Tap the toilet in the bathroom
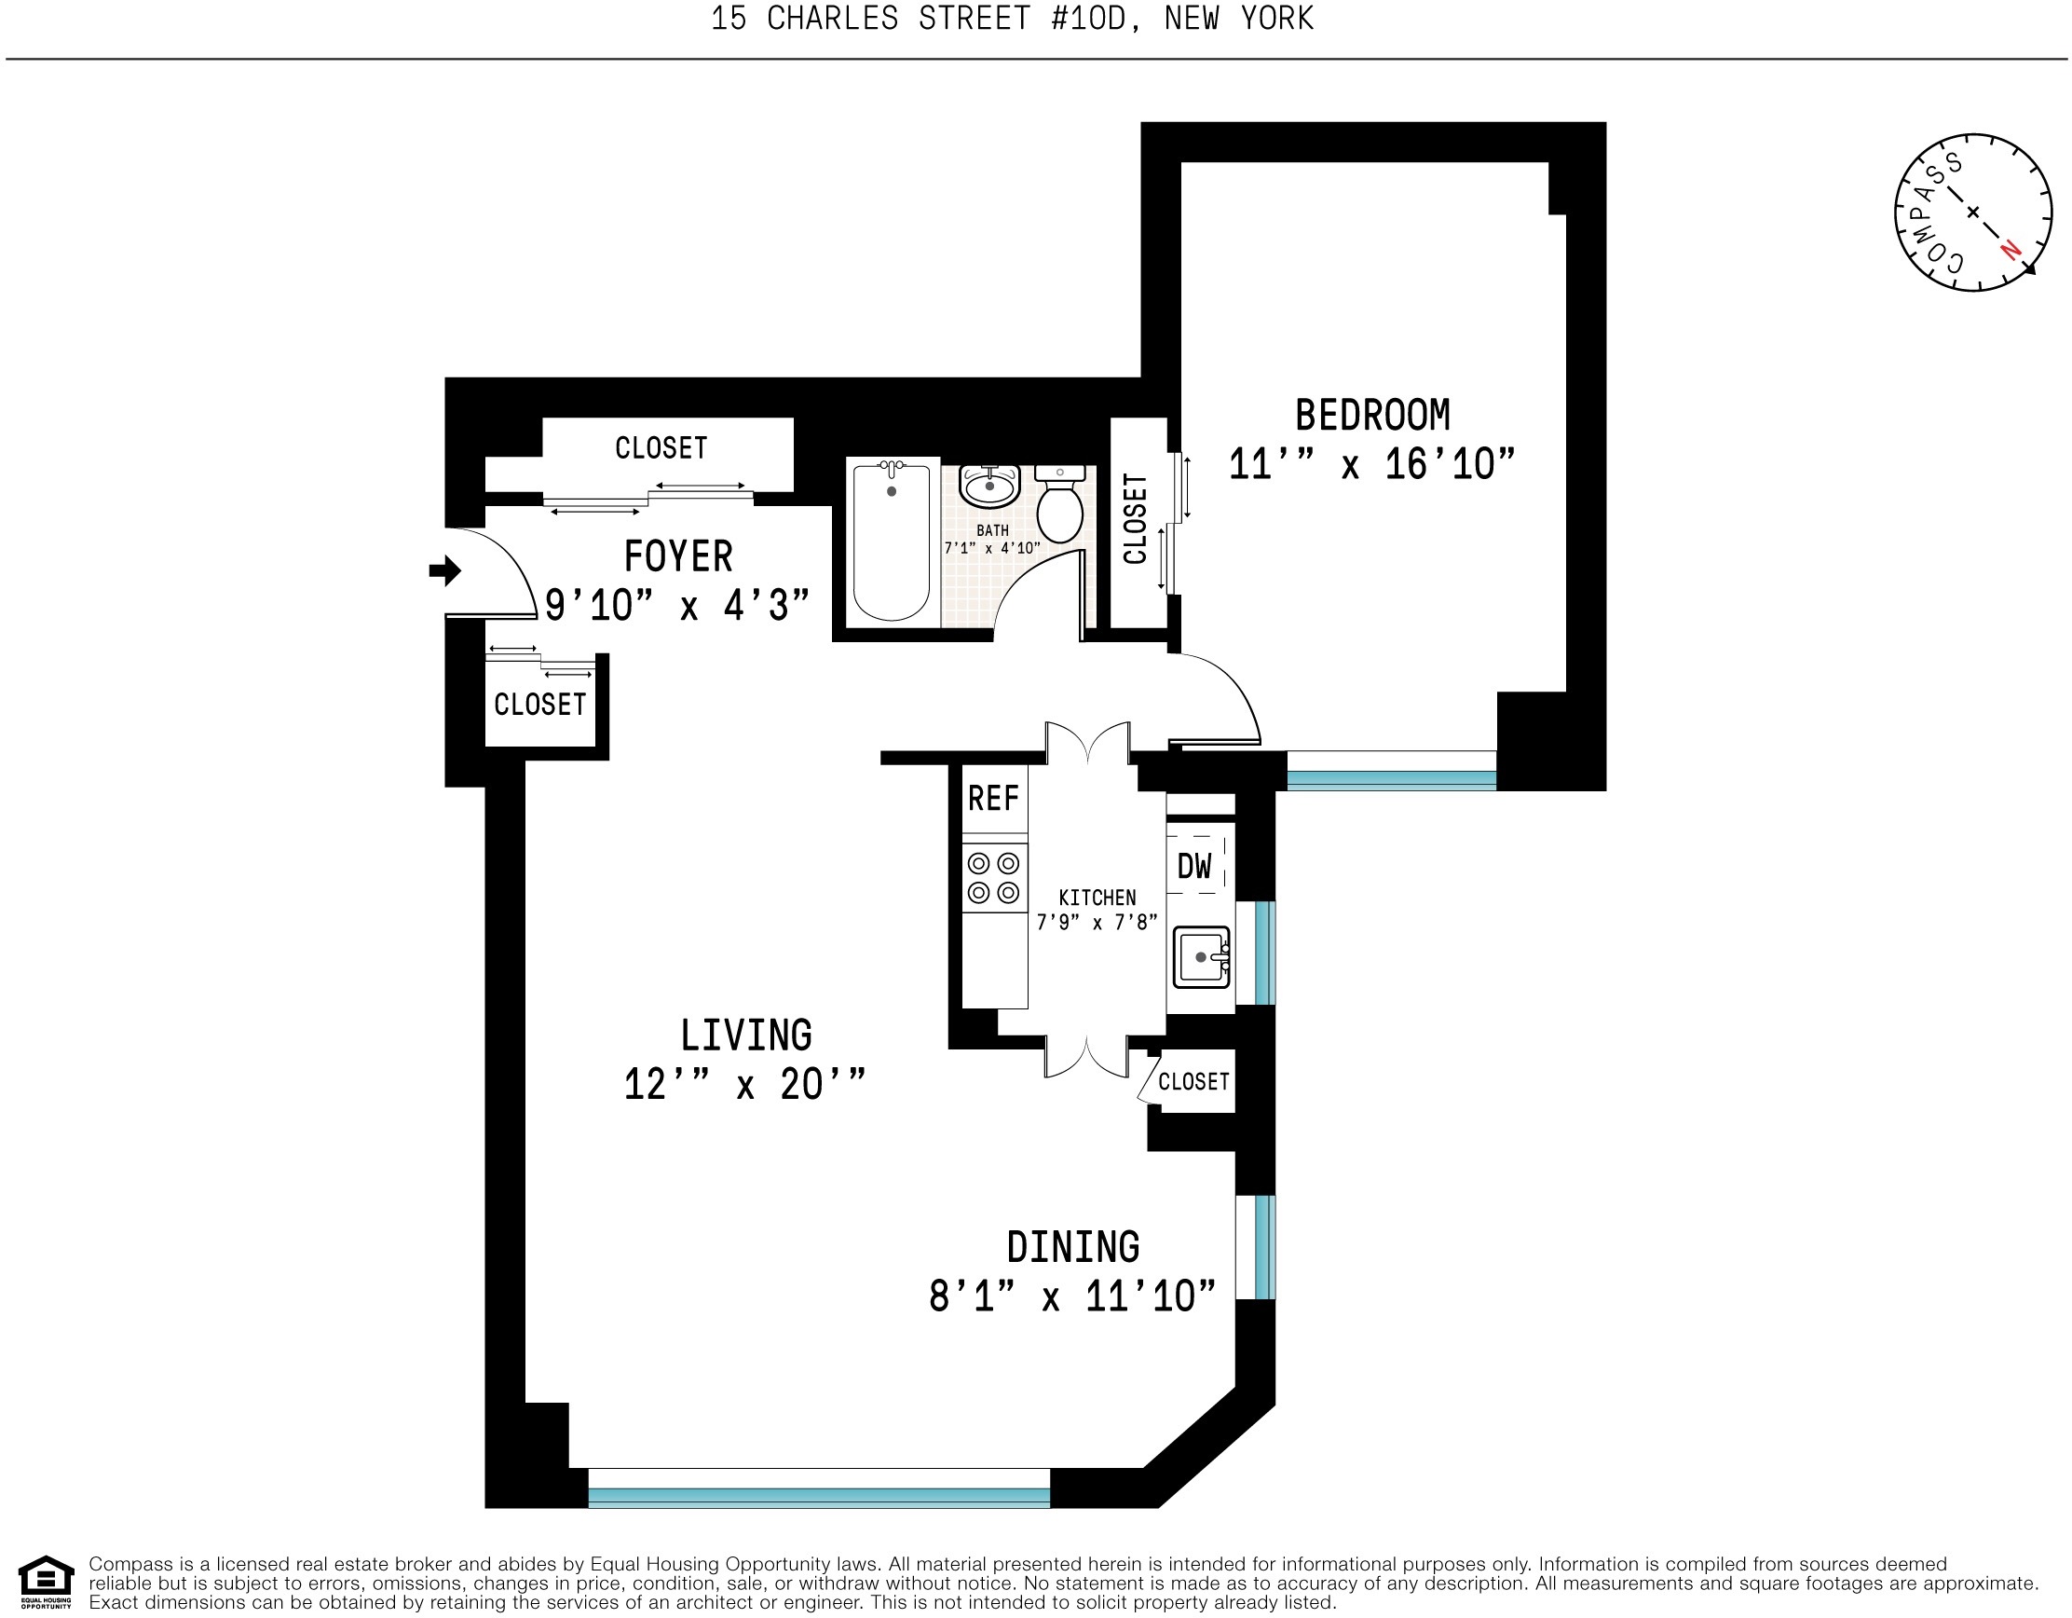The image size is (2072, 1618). [x=1059, y=503]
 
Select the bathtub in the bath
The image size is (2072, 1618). [x=891, y=541]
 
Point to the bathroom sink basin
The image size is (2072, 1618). [x=989, y=487]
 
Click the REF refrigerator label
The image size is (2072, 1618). [x=993, y=799]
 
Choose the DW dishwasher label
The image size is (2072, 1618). [x=1194, y=866]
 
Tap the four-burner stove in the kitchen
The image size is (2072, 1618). [x=994, y=877]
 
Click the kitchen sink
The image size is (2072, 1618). [x=1202, y=956]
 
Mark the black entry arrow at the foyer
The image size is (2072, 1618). [x=445, y=571]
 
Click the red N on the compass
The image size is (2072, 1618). [x=2010, y=250]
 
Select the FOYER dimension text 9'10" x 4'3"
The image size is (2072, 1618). [x=677, y=606]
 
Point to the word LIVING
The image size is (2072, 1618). [x=745, y=1035]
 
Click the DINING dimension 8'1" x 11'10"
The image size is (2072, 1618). [x=1072, y=1296]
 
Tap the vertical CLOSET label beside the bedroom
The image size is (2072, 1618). [x=1136, y=520]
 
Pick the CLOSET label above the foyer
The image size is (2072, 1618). [x=661, y=448]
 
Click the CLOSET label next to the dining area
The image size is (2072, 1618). [x=1193, y=1082]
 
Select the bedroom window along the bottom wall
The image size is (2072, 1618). [x=1392, y=771]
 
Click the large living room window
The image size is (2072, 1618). [x=820, y=1488]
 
